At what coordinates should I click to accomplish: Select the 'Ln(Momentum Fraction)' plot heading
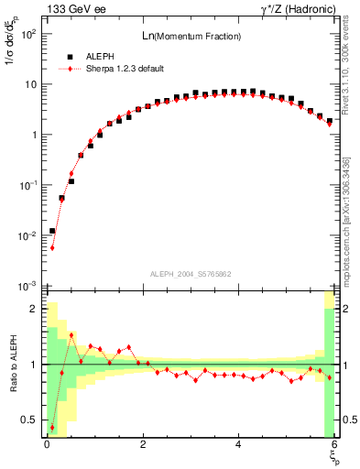tap(191, 36)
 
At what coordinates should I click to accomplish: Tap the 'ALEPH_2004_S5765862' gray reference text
tap(191, 274)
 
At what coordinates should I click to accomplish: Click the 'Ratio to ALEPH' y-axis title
tap(13, 365)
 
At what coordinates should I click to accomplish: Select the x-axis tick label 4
tap(238, 444)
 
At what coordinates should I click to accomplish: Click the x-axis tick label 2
tap(143, 444)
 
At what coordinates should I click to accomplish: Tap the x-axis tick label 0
tap(47, 444)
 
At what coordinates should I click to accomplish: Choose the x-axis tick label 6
tap(334, 444)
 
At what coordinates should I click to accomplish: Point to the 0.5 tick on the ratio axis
tap(31, 420)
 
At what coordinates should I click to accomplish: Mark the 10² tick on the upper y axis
tap(29, 34)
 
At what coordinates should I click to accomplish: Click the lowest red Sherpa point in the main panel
tap(52, 247)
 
